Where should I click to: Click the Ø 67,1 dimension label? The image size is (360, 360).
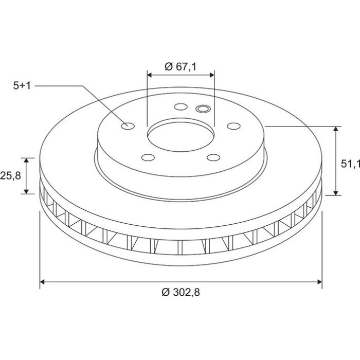pyautogui.click(x=181, y=66)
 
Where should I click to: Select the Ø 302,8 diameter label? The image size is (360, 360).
pyautogui.click(x=181, y=292)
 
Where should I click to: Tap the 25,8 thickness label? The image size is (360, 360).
pyautogui.click(x=11, y=176)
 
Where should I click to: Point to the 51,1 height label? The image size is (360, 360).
pyautogui.click(x=350, y=164)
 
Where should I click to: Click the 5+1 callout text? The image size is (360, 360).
pyautogui.click(x=22, y=86)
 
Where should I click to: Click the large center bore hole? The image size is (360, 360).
pyautogui.click(x=181, y=137)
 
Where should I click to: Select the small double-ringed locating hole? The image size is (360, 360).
pyautogui.click(x=203, y=109)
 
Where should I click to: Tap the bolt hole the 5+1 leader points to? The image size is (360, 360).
pyautogui.click(x=128, y=126)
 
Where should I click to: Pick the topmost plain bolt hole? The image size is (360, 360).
pyautogui.click(x=181, y=106)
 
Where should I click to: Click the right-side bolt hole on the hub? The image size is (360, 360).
pyautogui.click(x=233, y=126)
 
